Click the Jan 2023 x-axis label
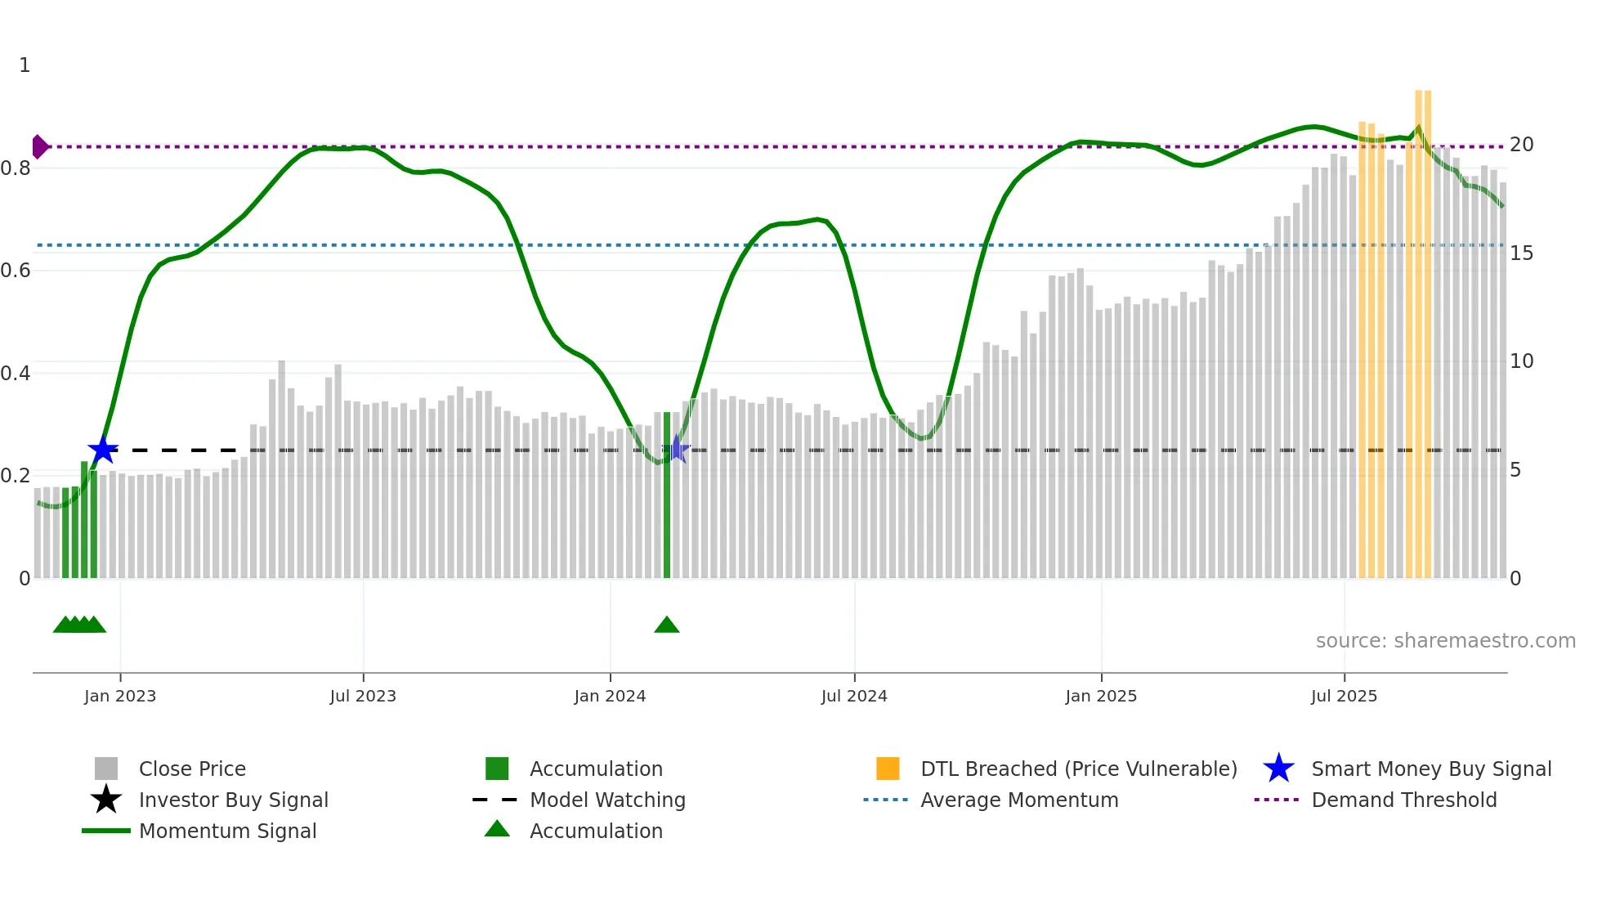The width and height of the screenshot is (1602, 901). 119,696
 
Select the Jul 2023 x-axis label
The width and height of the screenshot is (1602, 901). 363,696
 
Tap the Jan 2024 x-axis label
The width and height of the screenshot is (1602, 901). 610,696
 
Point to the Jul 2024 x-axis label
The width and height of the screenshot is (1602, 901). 854,696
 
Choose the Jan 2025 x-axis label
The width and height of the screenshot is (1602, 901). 1101,696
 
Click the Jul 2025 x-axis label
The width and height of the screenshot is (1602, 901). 1344,696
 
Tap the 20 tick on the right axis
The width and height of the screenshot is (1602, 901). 1521,145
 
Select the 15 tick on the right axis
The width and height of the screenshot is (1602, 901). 1521,253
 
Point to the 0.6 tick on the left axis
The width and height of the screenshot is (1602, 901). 16,271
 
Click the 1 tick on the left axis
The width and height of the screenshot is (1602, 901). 25,65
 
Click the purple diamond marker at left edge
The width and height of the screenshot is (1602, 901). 39,147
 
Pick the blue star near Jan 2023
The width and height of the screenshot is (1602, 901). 103,450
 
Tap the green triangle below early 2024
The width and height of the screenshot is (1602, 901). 667,625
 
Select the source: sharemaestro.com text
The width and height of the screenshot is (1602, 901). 1445,641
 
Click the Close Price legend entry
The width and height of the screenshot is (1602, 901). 192,769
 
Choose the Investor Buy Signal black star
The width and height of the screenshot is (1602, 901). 106,800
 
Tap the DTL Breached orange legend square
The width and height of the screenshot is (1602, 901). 888,769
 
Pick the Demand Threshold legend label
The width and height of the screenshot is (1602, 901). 1403,800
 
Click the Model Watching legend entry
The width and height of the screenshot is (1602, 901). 607,800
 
